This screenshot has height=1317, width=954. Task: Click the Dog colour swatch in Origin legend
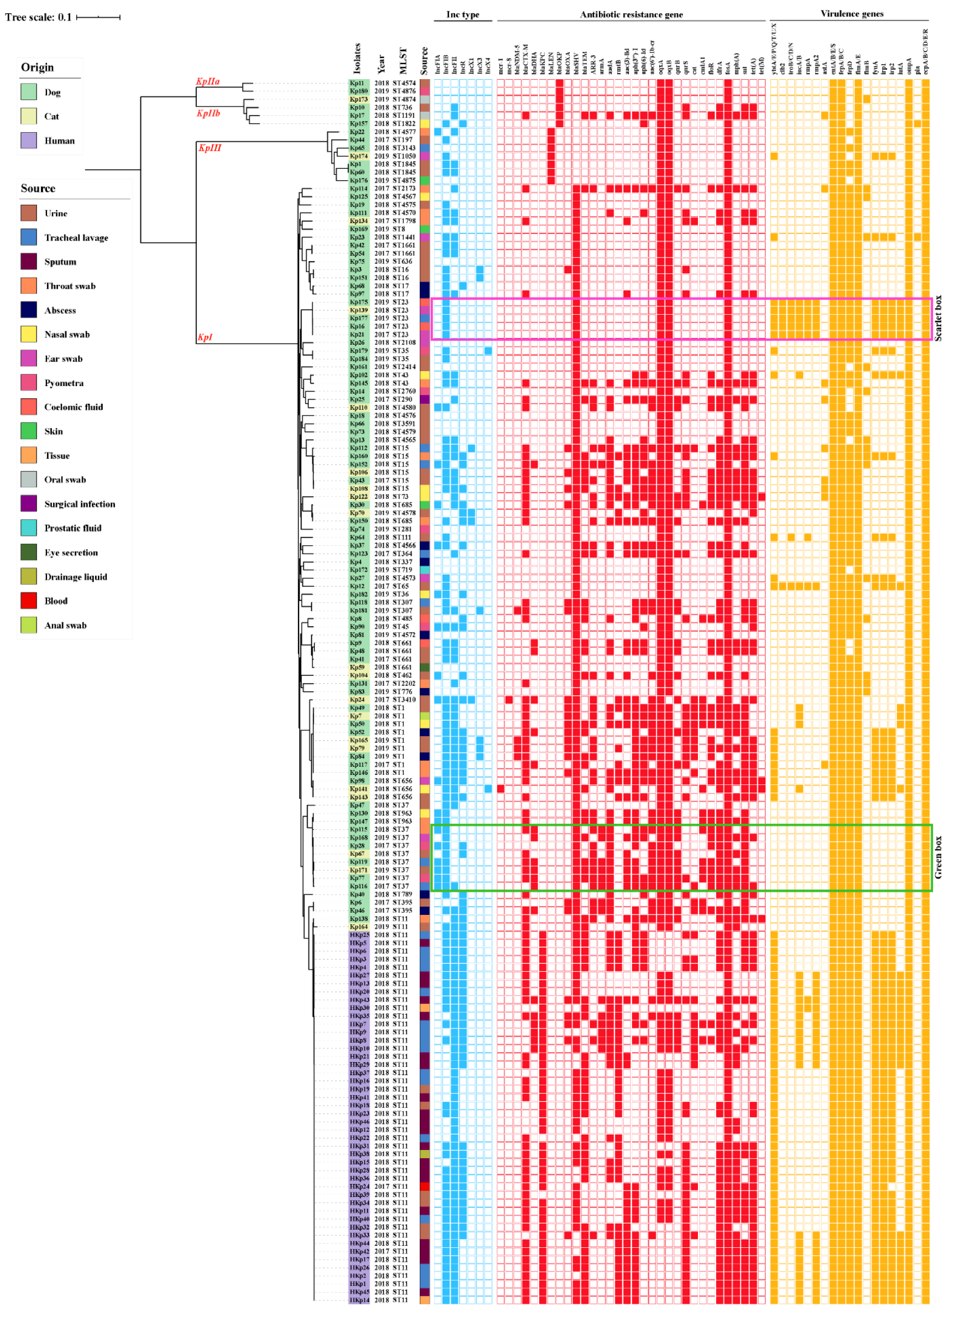point(28,92)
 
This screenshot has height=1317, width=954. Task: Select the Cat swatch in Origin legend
point(28,116)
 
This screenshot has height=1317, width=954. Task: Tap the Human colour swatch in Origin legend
point(28,140)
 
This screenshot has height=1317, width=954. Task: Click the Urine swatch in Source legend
point(28,213)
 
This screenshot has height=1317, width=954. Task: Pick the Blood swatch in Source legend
point(28,601)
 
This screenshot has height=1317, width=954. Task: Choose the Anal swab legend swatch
point(28,625)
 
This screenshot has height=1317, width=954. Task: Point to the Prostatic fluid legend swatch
point(28,528)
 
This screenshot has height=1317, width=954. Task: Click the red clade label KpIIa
point(208,81)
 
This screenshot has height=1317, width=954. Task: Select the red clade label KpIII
point(210,148)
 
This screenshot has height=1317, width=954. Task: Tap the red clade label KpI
point(205,337)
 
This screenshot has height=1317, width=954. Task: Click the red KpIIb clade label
point(208,113)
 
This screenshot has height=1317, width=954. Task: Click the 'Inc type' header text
point(462,14)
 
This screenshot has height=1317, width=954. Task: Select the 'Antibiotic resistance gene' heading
point(630,14)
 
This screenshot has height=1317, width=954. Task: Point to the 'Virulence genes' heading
point(851,13)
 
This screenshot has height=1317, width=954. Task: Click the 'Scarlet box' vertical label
point(938,318)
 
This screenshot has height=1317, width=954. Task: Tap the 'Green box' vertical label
point(938,857)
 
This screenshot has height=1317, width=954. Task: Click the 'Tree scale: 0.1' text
point(38,17)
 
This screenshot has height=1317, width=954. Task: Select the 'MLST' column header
point(403,60)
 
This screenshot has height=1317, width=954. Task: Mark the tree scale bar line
point(98,17)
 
